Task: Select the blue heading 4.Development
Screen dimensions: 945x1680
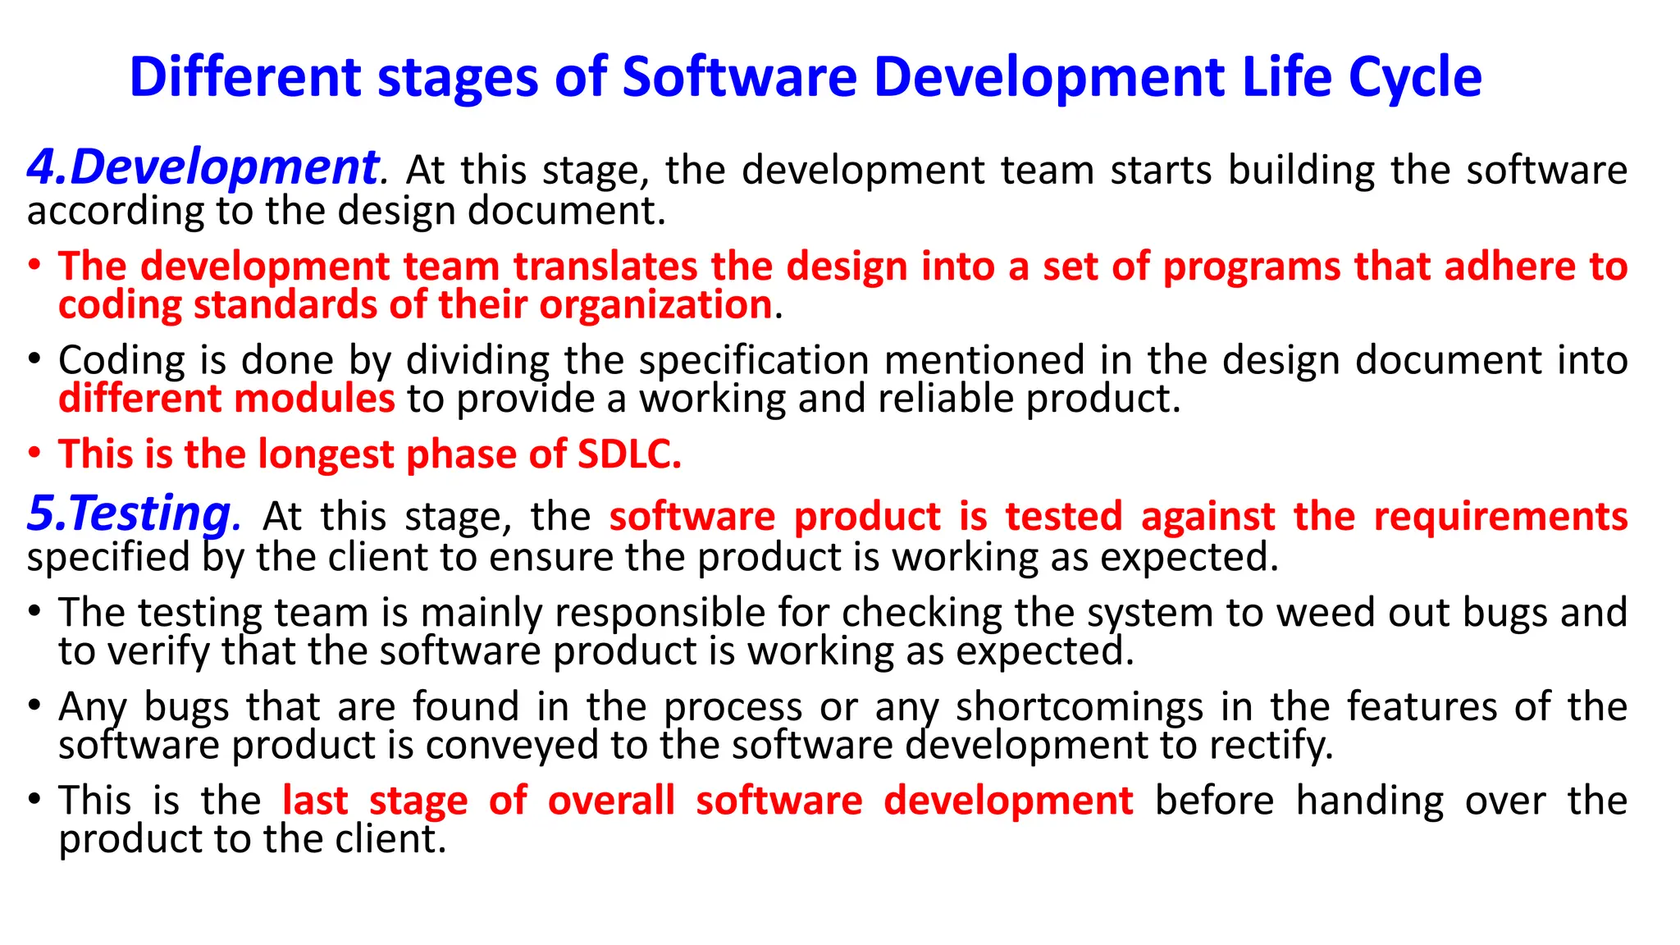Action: click(x=203, y=167)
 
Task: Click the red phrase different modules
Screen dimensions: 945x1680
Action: click(x=226, y=399)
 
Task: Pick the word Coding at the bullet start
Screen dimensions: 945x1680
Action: click(x=121, y=361)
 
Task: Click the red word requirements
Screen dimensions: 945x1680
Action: click(x=1500, y=517)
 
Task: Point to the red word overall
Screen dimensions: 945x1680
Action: click(x=611, y=801)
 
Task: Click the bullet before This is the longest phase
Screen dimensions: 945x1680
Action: click(x=34, y=454)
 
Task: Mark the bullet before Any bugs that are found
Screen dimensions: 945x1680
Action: click(x=34, y=706)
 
